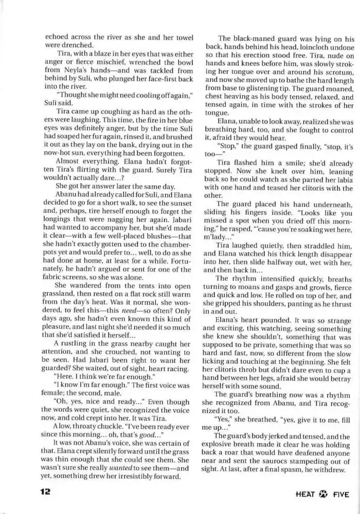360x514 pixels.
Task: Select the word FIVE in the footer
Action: click(340, 494)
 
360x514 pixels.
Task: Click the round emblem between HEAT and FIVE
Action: click(324, 494)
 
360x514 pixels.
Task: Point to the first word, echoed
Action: click(57, 36)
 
